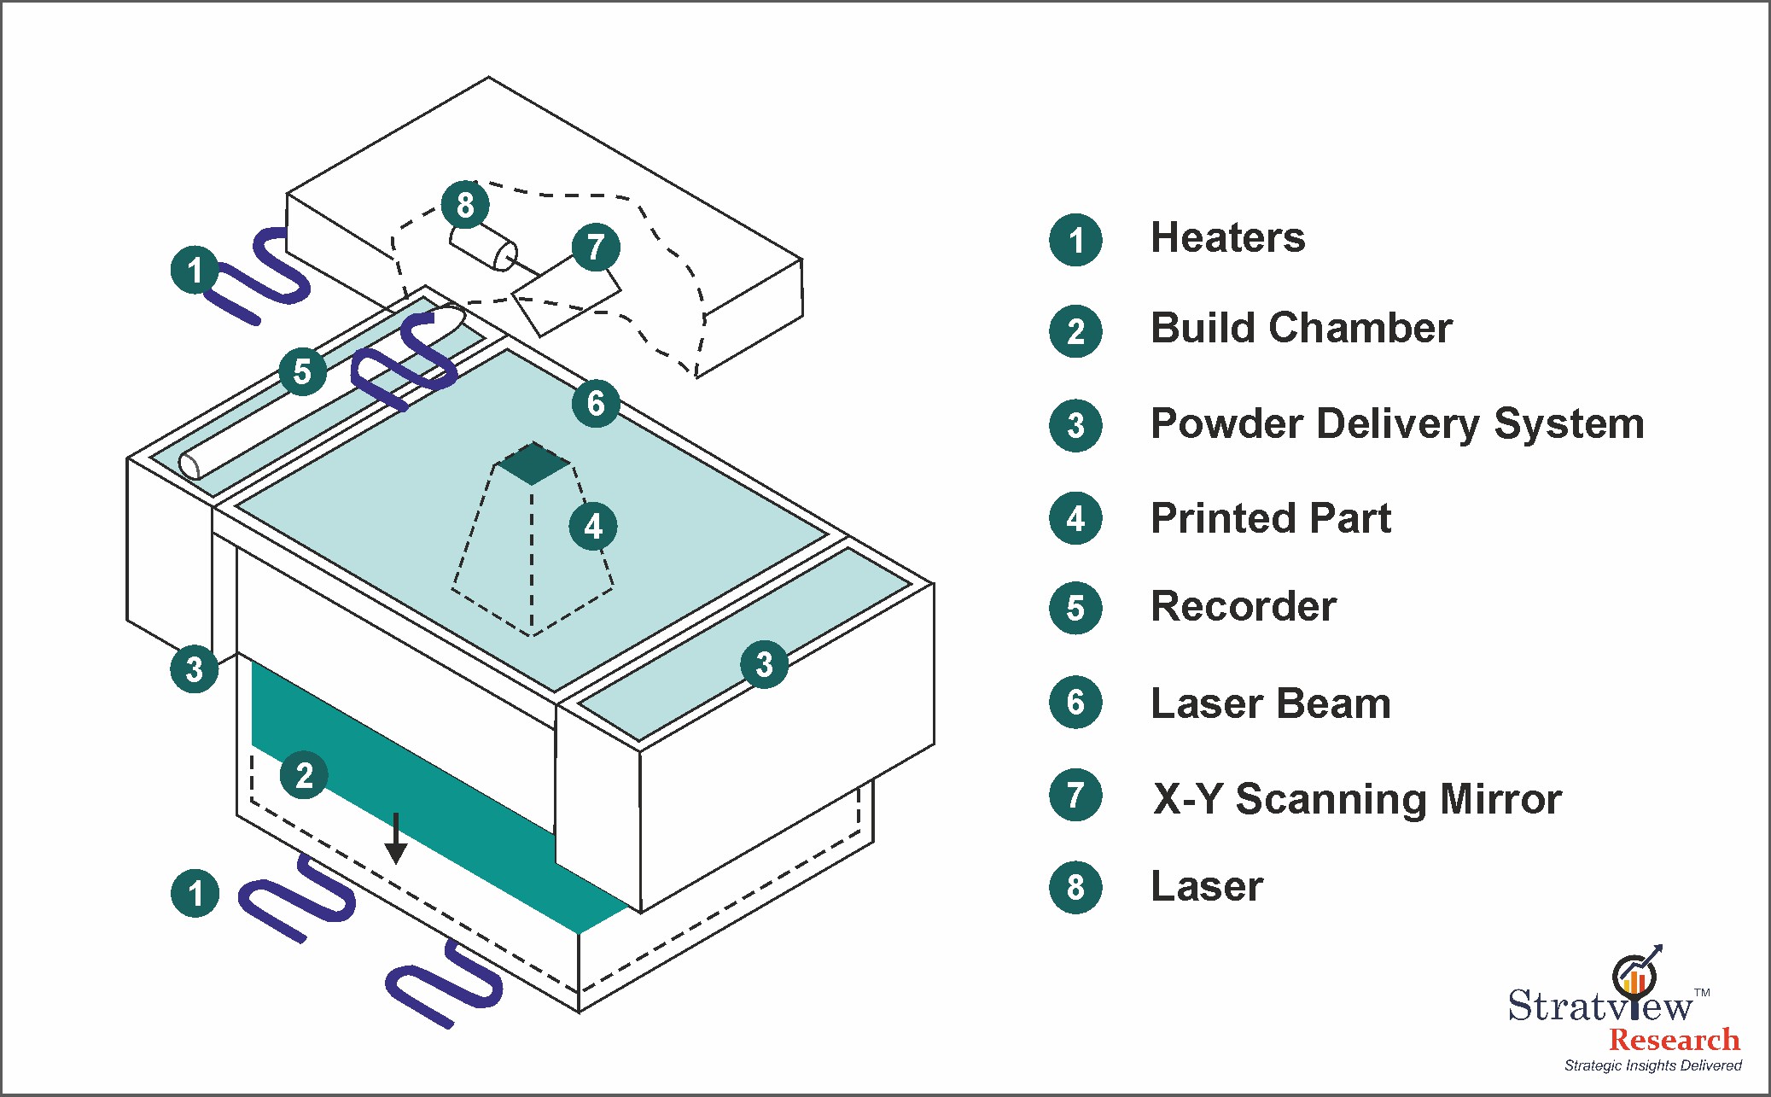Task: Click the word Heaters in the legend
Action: coord(1227,237)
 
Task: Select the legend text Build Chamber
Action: coord(1301,328)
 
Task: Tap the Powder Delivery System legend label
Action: coord(1397,424)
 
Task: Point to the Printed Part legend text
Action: coord(1271,518)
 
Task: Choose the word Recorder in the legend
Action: coord(1244,607)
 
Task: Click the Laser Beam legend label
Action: coord(1271,703)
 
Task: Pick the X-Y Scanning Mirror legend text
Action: coord(1357,799)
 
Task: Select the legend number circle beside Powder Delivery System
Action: coord(1075,425)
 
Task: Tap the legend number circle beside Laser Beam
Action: coord(1075,702)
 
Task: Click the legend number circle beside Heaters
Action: coord(1075,240)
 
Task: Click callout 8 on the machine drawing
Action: coord(465,205)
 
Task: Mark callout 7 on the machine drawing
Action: coord(596,247)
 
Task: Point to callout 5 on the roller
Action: coord(302,371)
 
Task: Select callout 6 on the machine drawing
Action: coord(596,403)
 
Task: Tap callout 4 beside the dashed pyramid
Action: coord(593,526)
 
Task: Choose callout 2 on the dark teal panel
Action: coord(304,775)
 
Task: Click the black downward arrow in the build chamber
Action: coord(395,838)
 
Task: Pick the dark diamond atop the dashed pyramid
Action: coord(533,464)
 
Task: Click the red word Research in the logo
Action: coord(1675,1040)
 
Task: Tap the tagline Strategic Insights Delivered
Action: coord(1652,1065)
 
